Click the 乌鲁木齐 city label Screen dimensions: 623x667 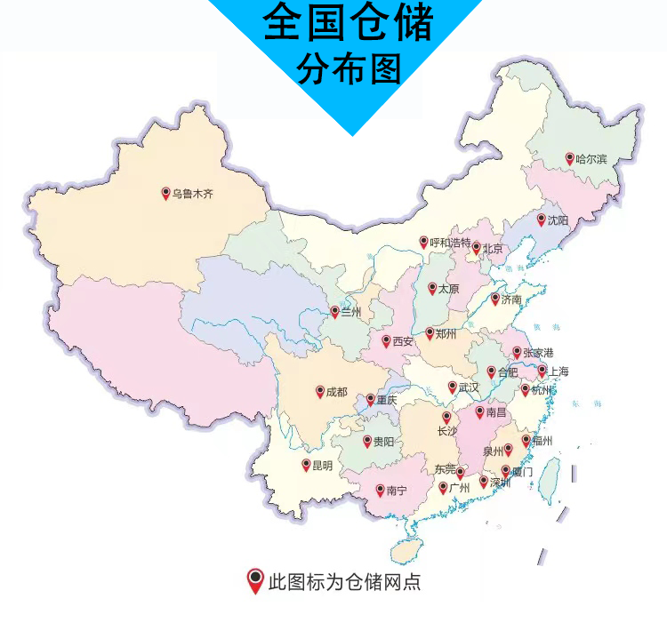pos(192,193)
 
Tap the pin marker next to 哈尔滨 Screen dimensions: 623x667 pos(570,158)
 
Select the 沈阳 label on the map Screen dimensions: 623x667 pos(557,219)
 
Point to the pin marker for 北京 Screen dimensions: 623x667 pos(476,247)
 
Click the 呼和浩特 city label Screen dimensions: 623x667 pos(450,242)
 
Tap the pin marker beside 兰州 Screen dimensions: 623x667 pos(334,311)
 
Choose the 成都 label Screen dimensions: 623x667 pos(336,391)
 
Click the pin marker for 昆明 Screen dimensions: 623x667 pos(306,464)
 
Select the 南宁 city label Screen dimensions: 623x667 pos(397,489)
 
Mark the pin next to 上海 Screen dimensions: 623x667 pos(542,370)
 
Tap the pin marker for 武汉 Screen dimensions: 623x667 pos(452,387)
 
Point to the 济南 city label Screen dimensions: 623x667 pos(511,300)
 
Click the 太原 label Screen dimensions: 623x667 pos(448,289)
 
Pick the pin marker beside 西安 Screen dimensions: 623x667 pos(386,340)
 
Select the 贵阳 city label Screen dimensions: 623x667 pos(383,441)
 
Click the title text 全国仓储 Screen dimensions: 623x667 pos(347,24)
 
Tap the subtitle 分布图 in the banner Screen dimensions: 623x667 pos(348,69)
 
